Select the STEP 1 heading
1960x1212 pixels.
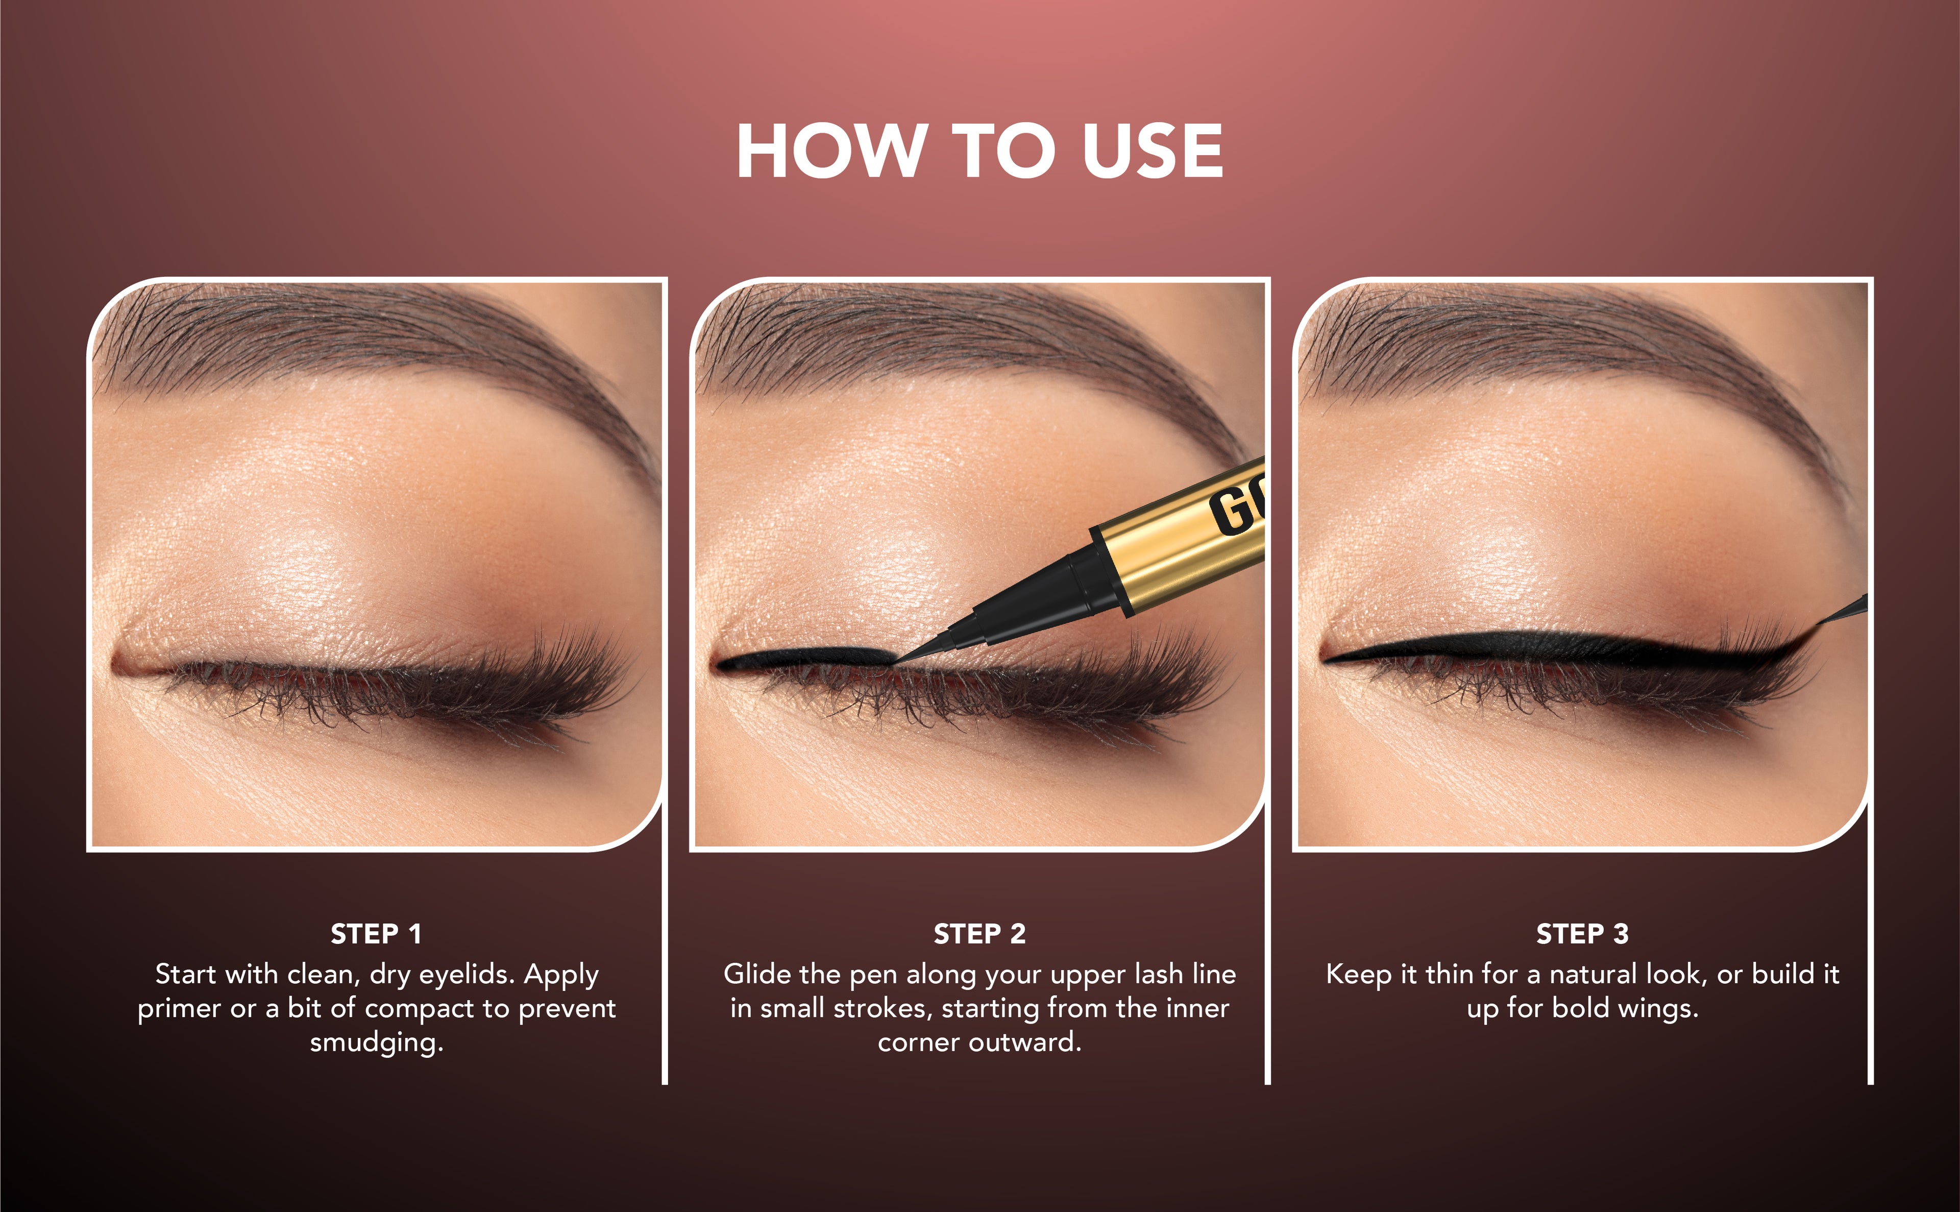pos(376,934)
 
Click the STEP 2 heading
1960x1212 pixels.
pos(979,934)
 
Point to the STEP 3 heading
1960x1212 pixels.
pos(1583,934)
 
